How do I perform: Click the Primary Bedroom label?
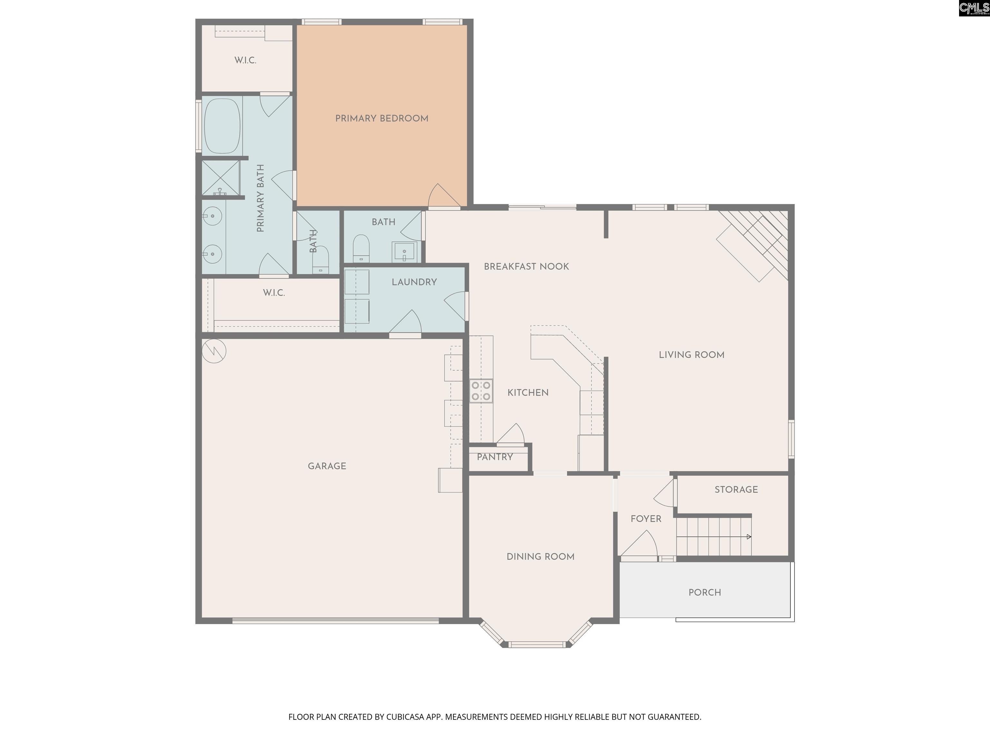(382, 119)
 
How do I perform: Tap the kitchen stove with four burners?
(481, 390)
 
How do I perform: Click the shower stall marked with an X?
(221, 177)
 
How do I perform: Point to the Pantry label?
(495, 457)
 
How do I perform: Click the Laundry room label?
(414, 282)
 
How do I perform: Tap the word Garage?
(327, 466)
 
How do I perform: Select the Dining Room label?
(540, 557)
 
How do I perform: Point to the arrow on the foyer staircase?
(749, 537)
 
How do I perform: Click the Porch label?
(704, 593)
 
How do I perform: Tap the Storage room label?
(736, 490)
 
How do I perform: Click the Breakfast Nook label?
(526, 267)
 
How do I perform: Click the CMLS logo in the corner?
(974, 8)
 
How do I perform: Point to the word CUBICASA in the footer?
(403, 717)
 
